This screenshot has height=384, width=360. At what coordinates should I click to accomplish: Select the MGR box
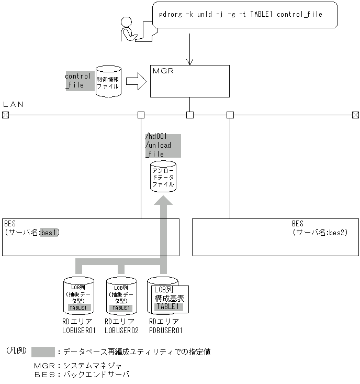tap(189, 81)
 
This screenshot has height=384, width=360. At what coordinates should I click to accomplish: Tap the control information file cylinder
tap(108, 81)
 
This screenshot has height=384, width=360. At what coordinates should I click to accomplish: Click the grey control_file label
tap(78, 81)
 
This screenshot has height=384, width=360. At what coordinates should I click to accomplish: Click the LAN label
tap(14, 104)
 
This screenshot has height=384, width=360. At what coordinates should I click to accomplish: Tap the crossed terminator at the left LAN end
tap(5, 115)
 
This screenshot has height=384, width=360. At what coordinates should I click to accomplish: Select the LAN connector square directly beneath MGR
tap(190, 115)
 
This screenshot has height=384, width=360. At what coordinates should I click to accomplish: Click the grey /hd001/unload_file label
tap(163, 146)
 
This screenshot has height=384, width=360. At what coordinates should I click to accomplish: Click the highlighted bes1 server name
tap(50, 233)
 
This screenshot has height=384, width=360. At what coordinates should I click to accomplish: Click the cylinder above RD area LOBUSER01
tap(78, 296)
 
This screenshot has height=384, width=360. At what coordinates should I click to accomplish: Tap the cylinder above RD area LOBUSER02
tap(121, 296)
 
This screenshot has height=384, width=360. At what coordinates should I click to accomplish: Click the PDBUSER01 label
tap(166, 331)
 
